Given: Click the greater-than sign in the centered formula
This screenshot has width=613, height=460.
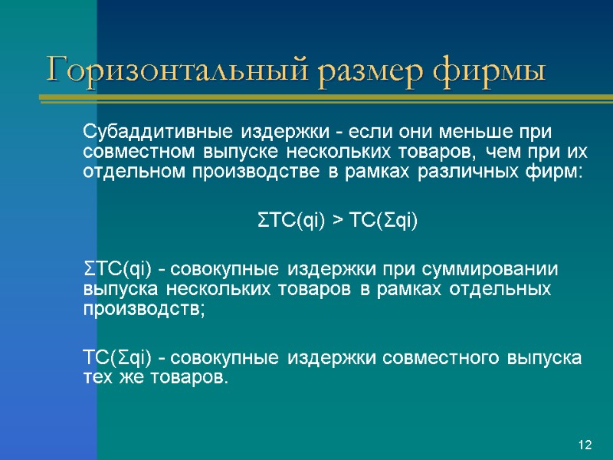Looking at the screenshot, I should pos(337,222).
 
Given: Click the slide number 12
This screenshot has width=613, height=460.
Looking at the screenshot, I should pos(585,445).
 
